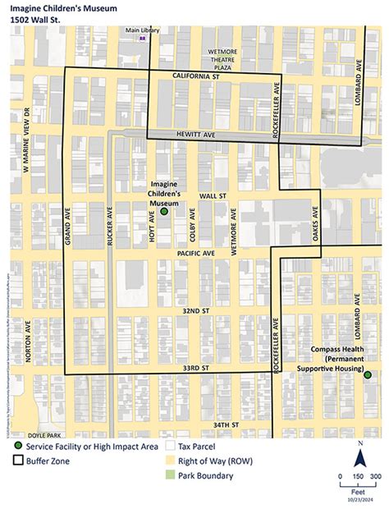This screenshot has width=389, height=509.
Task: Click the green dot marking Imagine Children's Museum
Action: [163, 211]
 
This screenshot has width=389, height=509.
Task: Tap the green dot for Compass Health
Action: [367, 374]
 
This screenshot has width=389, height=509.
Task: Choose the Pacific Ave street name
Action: [194, 254]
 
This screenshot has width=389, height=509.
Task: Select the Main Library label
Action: [142, 30]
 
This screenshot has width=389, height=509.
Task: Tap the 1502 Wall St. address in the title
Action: [41, 19]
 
